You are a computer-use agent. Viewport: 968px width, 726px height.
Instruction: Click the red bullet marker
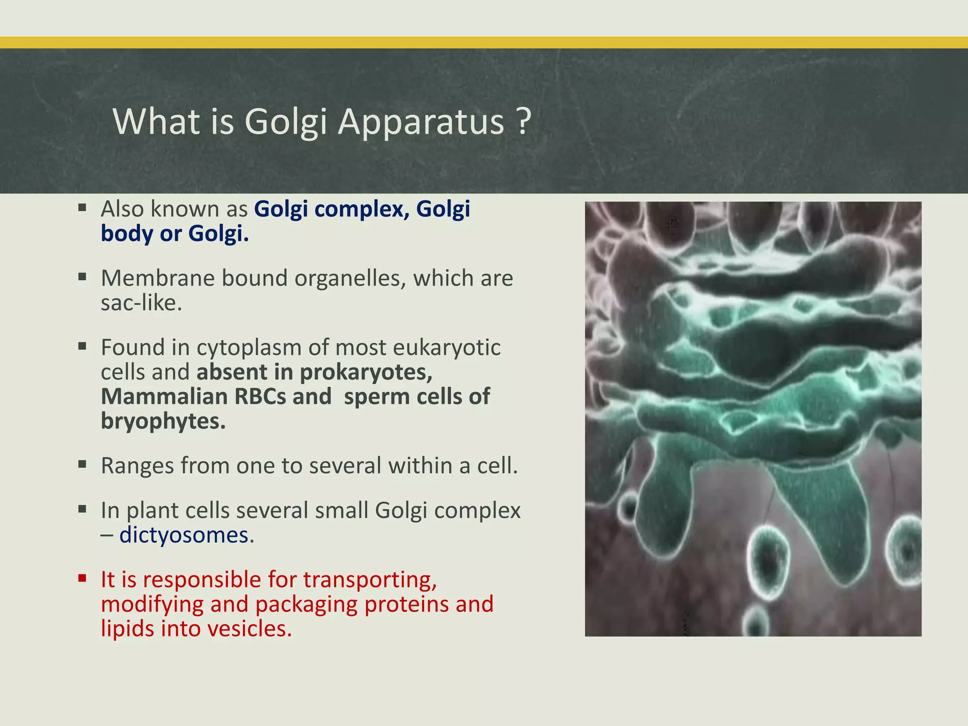(82, 578)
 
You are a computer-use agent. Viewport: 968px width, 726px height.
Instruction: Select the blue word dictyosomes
(183, 536)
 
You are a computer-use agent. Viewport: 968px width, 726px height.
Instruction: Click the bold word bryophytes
(163, 421)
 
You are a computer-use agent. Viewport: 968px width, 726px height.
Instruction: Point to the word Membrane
(157, 278)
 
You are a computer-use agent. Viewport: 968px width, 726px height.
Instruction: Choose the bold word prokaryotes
(366, 372)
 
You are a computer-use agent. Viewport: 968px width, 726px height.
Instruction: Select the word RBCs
(259, 397)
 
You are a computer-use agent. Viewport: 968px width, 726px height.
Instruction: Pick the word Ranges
(137, 466)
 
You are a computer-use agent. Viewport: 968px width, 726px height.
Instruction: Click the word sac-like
(141, 303)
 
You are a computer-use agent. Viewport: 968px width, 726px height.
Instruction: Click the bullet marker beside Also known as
(82, 207)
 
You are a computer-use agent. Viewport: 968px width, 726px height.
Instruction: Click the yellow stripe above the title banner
(484, 43)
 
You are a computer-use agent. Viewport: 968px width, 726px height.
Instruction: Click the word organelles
(350, 278)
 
